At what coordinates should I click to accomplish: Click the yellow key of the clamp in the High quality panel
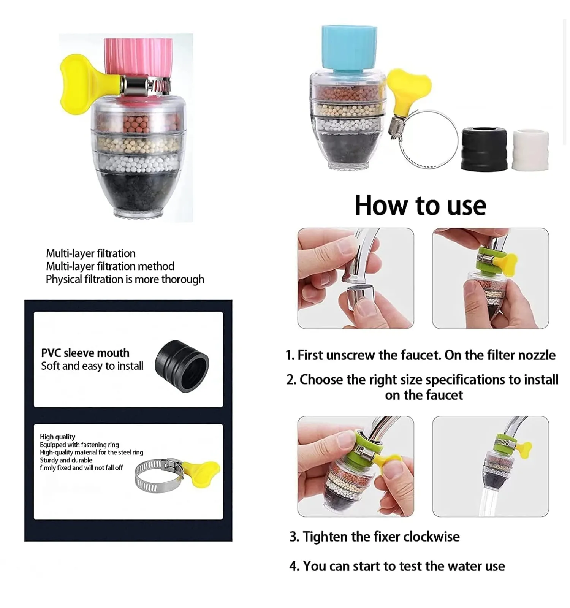point(201,473)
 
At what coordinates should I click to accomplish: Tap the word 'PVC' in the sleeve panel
point(51,353)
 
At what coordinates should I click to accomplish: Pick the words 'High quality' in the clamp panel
point(57,437)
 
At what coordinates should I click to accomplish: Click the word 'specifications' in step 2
point(466,380)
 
